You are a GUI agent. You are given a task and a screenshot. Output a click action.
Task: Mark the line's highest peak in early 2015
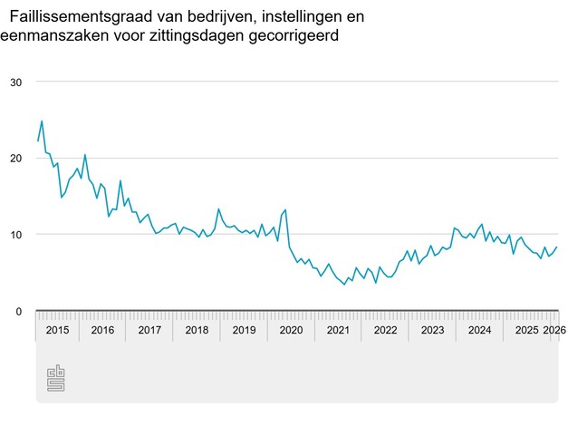[x=42, y=121]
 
